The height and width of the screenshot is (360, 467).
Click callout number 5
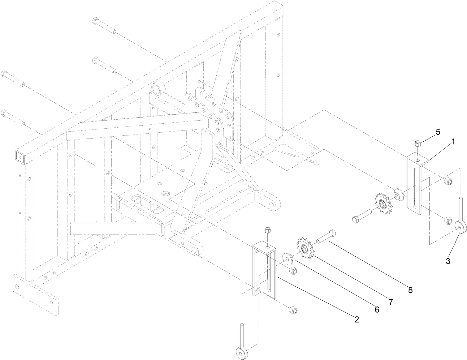(x=438, y=132)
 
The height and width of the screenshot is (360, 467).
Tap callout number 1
(x=453, y=142)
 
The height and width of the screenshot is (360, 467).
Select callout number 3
(x=448, y=261)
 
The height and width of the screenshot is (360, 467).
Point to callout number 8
(x=410, y=290)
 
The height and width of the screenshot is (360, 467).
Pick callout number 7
(x=391, y=302)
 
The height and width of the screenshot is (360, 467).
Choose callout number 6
(x=377, y=309)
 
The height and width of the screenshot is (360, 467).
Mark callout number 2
(x=357, y=320)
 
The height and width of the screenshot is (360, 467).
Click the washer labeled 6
(x=288, y=259)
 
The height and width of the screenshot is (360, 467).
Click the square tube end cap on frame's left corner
(x=20, y=157)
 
